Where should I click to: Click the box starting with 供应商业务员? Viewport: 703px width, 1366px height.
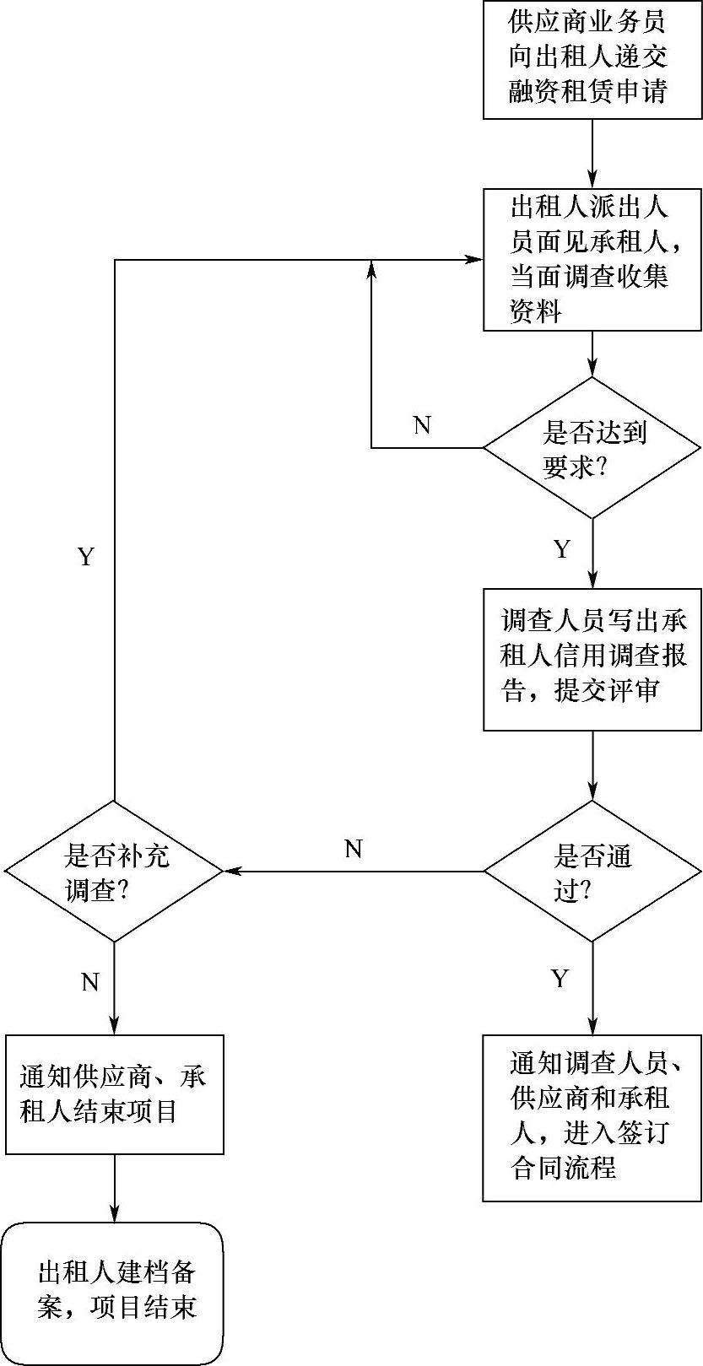coord(592,59)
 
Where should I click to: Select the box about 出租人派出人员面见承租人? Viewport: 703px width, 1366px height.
coord(592,260)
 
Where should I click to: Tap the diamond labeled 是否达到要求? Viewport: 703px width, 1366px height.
coord(592,447)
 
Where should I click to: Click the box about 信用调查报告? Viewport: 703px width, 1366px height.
coord(592,659)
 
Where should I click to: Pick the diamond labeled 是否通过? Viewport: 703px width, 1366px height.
coord(592,871)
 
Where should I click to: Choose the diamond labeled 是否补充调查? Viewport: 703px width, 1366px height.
coord(115,871)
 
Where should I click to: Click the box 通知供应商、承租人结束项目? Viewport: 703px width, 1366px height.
coord(115,1094)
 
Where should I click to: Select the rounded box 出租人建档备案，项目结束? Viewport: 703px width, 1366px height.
coord(115,1293)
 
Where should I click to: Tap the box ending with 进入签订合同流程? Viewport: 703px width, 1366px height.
coord(592,1118)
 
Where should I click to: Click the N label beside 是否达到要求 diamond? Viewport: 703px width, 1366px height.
coord(422,425)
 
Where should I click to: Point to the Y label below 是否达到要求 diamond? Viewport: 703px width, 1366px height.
coord(562,550)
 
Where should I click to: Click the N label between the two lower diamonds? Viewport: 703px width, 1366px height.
coord(354,849)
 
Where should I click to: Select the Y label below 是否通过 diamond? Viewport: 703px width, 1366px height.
coord(560,979)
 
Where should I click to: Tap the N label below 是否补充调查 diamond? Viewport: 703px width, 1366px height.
coord(90,982)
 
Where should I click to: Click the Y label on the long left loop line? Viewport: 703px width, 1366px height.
coord(86,557)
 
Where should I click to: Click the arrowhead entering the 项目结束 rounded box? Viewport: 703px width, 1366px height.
coord(115,1214)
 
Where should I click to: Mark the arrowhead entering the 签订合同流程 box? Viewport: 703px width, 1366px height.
coord(592,1027)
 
